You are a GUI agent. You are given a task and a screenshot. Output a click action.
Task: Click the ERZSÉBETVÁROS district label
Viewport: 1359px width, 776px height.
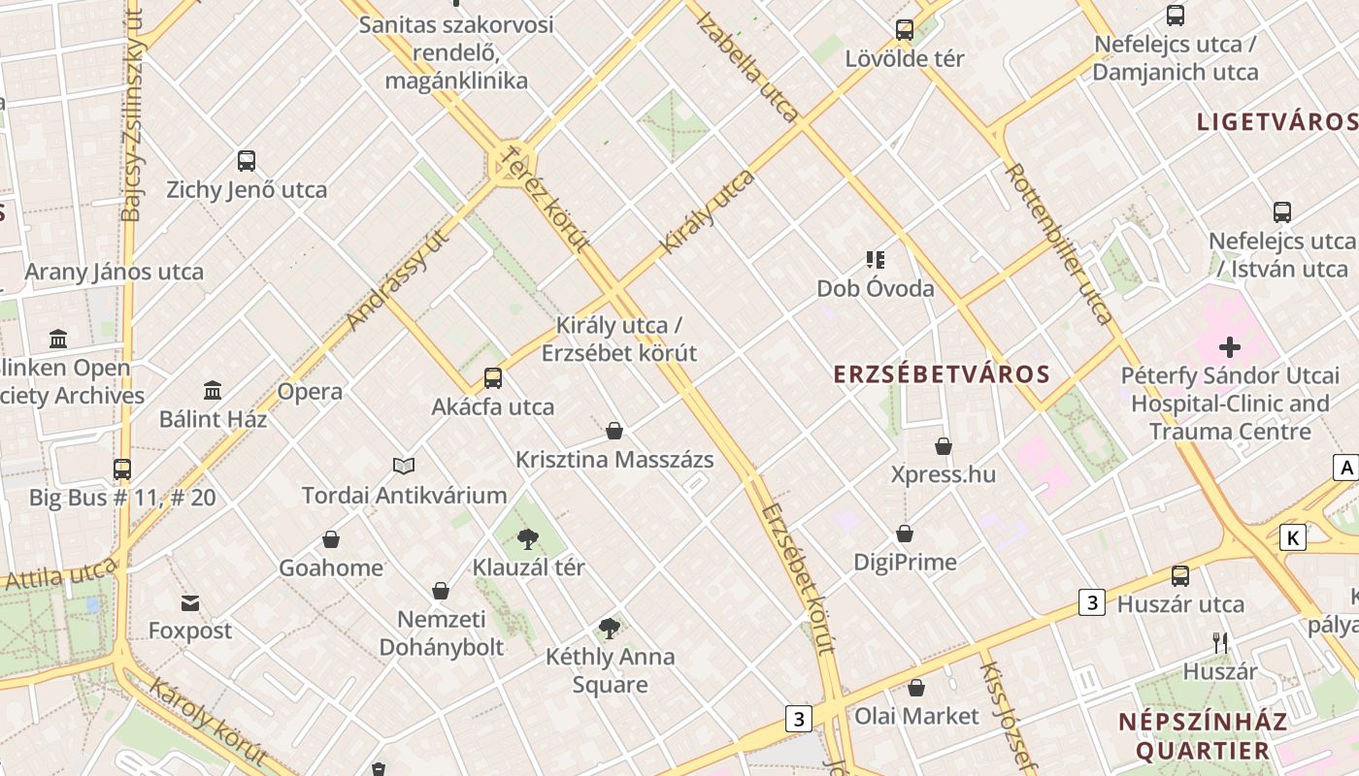tap(942, 374)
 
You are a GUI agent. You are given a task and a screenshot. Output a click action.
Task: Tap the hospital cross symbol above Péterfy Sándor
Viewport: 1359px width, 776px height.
tap(1230, 347)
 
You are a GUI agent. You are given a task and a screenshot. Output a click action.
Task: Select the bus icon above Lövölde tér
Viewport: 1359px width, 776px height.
tap(905, 30)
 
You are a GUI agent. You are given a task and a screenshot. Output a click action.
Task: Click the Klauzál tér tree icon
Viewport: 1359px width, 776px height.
tap(528, 538)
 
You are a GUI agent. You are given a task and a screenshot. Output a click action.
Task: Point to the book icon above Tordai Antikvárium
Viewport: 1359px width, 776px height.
tap(403, 467)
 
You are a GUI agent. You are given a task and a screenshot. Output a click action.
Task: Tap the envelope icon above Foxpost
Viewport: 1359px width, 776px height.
tap(190, 603)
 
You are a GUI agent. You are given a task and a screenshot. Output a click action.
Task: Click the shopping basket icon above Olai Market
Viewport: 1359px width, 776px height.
tap(916, 689)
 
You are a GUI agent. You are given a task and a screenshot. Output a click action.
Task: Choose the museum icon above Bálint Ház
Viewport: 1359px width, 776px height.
tap(213, 391)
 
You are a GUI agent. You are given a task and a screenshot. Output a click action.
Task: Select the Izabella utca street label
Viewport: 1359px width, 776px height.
tap(748, 68)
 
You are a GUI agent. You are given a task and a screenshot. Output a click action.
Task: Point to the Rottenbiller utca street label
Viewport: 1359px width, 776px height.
tap(1059, 242)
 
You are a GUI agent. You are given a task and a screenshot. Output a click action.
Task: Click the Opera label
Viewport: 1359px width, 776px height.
tap(310, 392)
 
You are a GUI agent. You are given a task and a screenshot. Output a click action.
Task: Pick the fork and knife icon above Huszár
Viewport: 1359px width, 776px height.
tap(1220, 643)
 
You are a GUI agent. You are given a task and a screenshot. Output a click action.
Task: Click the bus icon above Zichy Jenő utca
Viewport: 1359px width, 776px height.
tap(247, 161)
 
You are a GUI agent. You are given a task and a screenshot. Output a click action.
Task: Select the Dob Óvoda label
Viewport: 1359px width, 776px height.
tap(875, 288)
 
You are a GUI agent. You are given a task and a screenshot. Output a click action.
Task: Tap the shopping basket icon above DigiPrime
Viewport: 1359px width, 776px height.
tap(905, 534)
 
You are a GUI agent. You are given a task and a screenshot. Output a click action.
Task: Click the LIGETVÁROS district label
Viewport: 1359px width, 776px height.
tap(1276, 122)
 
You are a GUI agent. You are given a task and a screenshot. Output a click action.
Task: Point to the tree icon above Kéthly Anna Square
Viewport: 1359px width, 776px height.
tap(610, 629)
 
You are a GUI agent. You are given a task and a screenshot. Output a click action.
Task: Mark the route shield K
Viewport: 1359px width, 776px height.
tap(1293, 537)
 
